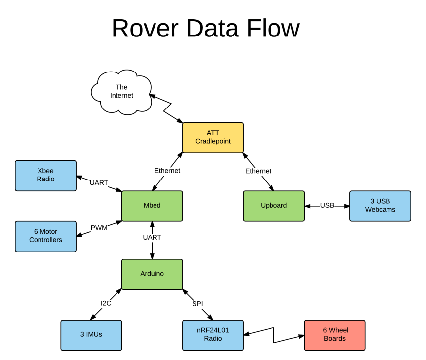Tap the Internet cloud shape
[x=121, y=92]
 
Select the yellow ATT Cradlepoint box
[x=213, y=138]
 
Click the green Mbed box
[x=152, y=206]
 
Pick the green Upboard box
[x=273, y=206]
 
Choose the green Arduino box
[x=152, y=274]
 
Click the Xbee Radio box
[x=45, y=176]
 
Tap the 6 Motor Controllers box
[x=45, y=236]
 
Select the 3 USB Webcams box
[x=380, y=206]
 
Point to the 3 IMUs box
[x=91, y=335]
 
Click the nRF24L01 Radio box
[x=213, y=335]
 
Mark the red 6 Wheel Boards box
[x=334, y=335]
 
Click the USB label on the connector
[x=327, y=206]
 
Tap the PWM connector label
[x=99, y=228]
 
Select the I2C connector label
[x=106, y=304]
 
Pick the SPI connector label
[x=197, y=304]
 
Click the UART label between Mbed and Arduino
[x=152, y=238]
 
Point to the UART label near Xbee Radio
[x=99, y=183]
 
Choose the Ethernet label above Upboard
[x=258, y=171]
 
